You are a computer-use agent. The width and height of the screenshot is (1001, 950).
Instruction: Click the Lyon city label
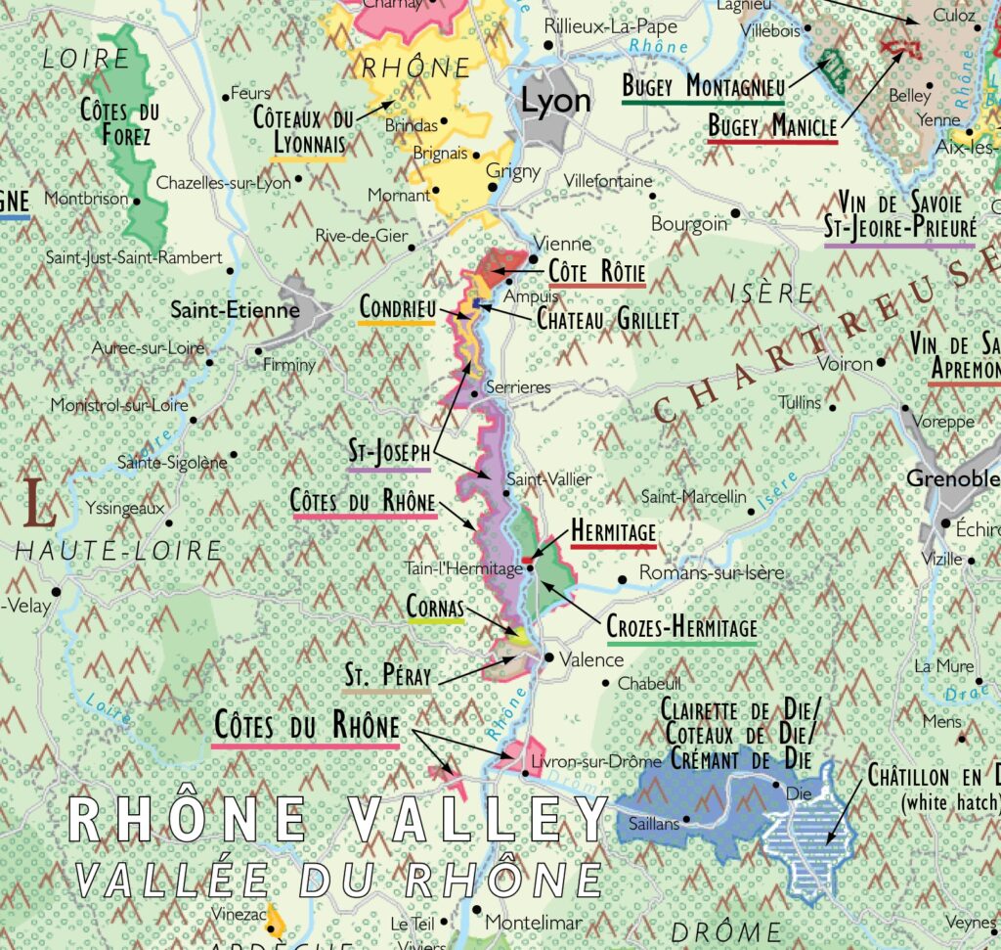point(555,102)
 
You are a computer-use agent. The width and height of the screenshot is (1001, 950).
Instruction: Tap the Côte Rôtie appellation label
point(596,271)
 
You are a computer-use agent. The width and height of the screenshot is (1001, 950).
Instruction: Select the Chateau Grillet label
point(607,318)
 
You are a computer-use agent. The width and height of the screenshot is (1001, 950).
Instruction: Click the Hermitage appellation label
point(613,529)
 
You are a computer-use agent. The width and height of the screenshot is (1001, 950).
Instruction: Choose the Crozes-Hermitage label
point(681,627)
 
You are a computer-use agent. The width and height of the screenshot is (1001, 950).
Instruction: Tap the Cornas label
point(435,608)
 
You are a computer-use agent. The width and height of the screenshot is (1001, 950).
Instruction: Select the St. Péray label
point(388,675)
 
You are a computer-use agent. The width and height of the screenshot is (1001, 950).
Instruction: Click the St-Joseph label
point(389,452)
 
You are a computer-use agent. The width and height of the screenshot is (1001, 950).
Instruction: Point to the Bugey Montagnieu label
point(703,86)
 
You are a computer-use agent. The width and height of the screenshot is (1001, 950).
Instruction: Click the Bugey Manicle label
point(772,126)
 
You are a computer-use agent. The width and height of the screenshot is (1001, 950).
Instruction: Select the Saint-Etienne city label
point(235,310)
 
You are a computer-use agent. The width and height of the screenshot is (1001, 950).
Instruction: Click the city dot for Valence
point(548,658)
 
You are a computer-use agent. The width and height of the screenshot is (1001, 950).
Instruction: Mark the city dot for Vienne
point(534,260)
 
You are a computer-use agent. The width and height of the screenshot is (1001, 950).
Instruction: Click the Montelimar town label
point(533,923)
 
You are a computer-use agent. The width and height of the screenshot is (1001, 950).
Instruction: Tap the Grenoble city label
point(952,479)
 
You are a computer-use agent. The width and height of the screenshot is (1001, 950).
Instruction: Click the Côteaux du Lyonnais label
point(302,131)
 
